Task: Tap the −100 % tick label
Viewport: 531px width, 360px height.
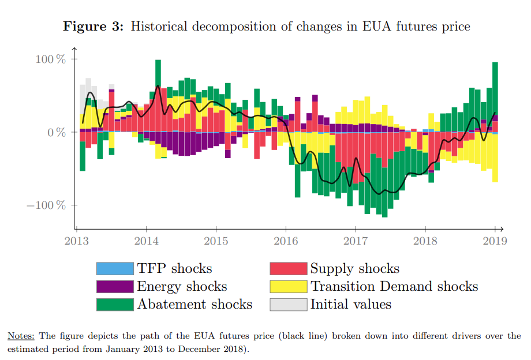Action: click(x=46, y=205)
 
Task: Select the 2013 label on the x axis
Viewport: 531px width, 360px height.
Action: click(x=76, y=240)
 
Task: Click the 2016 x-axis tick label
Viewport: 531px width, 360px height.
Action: click(x=286, y=240)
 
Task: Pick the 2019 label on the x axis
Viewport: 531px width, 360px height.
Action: click(x=495, y=240)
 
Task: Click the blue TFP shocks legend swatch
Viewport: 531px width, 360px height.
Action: click(x=115, y=269)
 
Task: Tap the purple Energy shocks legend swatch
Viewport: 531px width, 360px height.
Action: click(x=115, y=287)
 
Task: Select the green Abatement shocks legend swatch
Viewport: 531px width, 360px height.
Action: click(x=115, y=305)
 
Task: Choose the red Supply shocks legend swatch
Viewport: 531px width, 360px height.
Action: click(x=288, y=269)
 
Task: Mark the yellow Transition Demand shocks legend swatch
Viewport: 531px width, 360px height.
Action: click(x=288, y=287)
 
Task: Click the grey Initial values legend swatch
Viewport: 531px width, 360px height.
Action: click(x=288, y=305)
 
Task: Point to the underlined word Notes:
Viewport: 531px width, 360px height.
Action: click(x=21, y=336)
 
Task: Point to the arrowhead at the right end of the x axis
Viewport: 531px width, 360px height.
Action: click(x=502, y=228)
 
